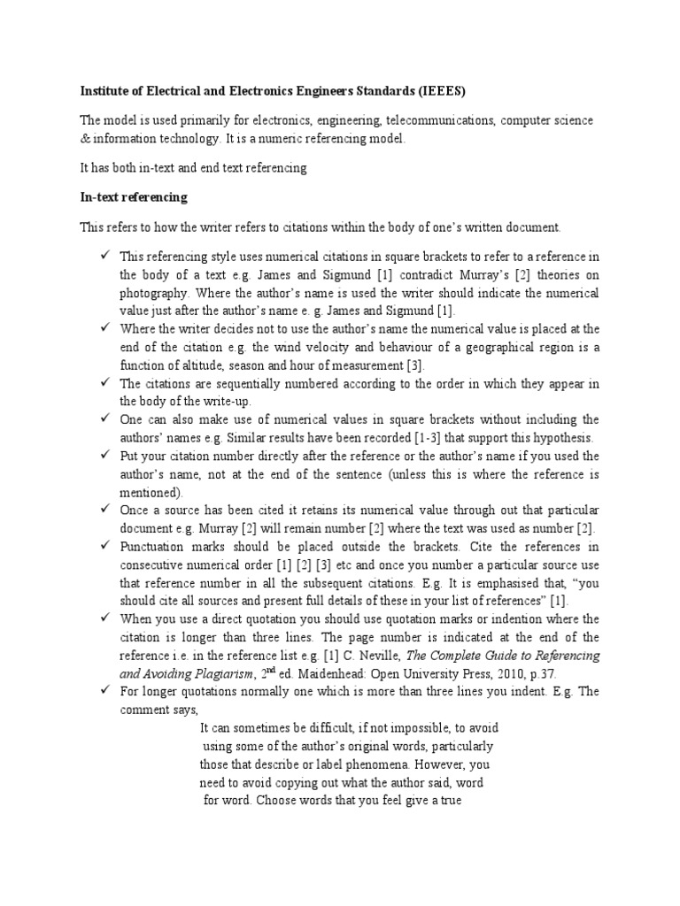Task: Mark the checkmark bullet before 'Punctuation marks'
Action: point(105,547)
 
